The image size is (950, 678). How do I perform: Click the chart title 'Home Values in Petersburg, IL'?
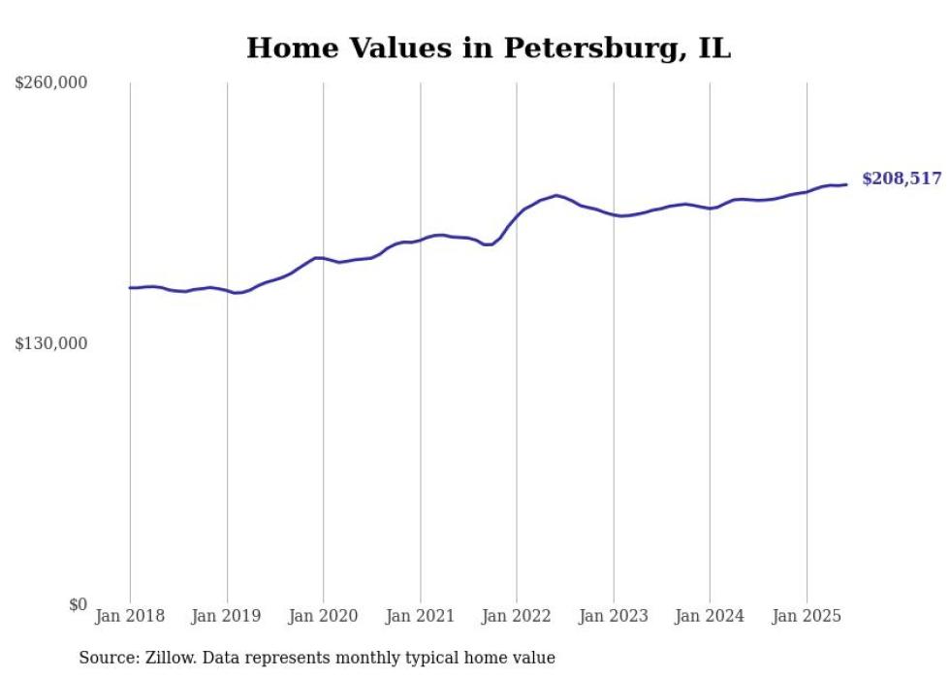(x=488, y=48)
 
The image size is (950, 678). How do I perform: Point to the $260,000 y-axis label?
(x=51, y=83)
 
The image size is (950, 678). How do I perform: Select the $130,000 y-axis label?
(x=51, y=343)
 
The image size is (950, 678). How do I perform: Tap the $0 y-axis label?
(x=79, y=604)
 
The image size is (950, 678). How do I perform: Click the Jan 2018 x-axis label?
(x=130, y=616)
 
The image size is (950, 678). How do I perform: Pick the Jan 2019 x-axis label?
(x=227, y=616)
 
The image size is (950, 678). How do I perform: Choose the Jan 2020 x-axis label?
(x=324, y=616)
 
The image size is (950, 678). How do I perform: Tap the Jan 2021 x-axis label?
(x=420, y=616)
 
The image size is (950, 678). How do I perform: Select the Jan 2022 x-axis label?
(x=517, y=616)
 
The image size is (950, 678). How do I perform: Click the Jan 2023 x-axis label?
(x=613, y=616)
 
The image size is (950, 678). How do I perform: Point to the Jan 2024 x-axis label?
(x=710, y=616)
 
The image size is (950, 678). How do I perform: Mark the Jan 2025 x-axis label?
(x=807, y=616)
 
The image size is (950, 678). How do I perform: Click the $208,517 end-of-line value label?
(x=902, y=178)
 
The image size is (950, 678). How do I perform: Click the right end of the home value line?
(x=846, y=184)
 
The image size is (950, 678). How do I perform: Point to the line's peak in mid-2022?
(x=556, y=195)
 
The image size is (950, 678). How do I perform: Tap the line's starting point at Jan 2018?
(x=130, y=287)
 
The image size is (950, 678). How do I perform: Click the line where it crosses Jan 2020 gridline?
(x=324, y=258)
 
